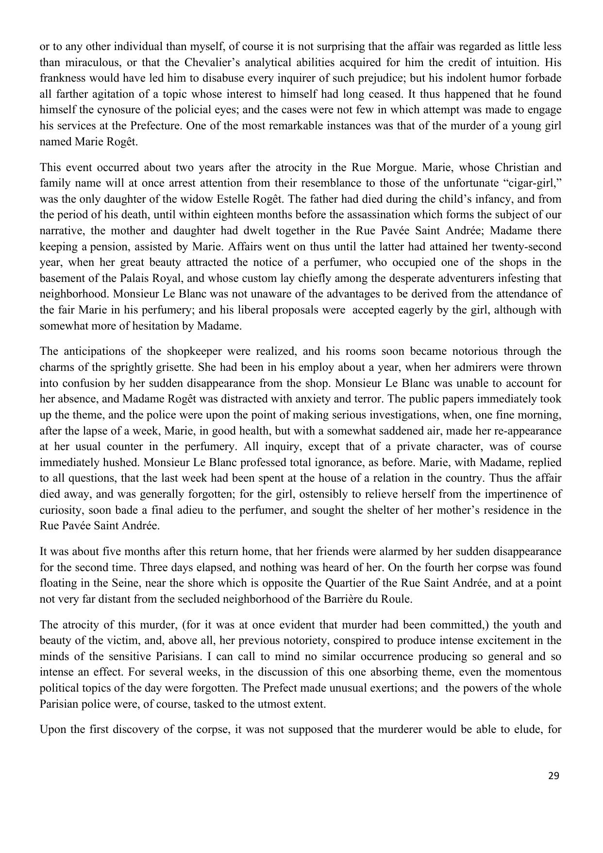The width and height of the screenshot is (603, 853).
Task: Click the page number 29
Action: tap(553, 776)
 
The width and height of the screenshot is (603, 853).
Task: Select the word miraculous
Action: tap(90, 62)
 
